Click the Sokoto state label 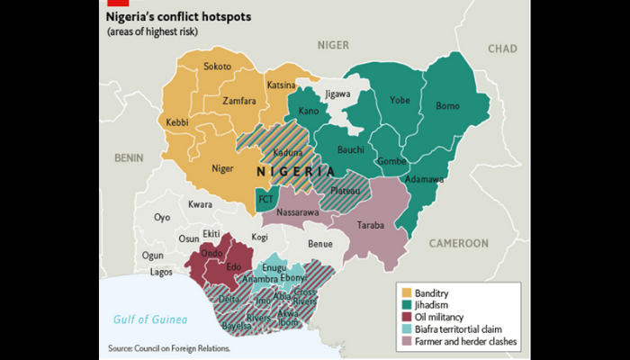[x=217, y=67]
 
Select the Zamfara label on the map [x=221, y=102]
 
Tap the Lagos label [x=162, y=271]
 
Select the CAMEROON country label [x=458, y=243]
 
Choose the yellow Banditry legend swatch [x=405, y=294]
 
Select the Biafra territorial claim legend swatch [x=405, y=330]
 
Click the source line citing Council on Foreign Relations [x=168, y=348]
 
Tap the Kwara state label [x=200, y=204]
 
